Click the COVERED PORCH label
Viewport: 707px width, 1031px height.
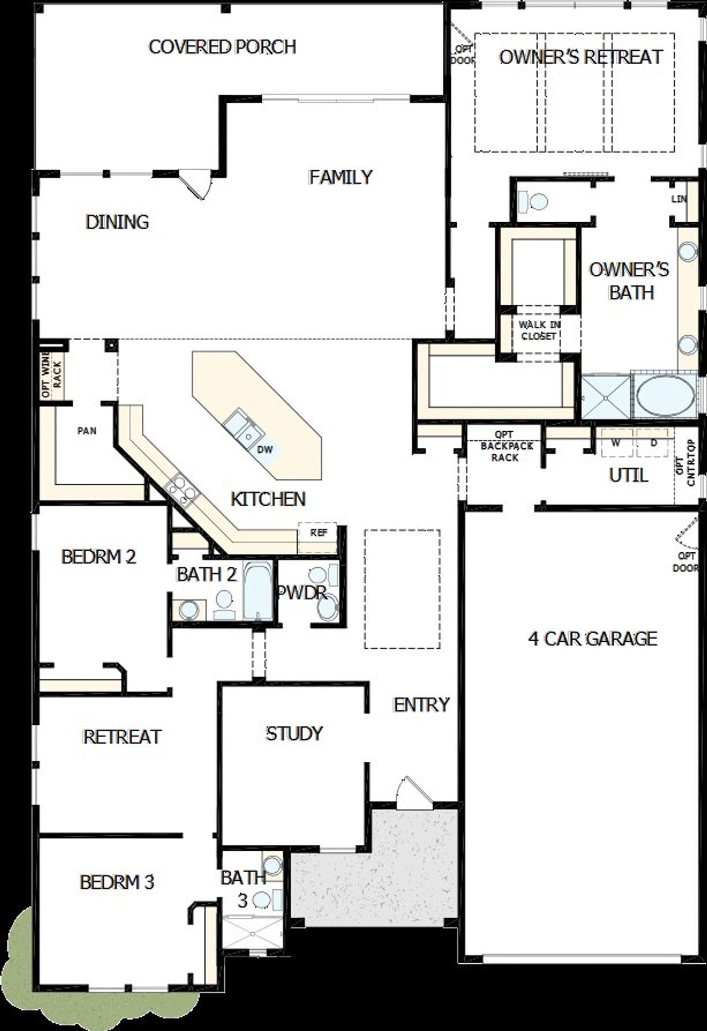click(222, 47)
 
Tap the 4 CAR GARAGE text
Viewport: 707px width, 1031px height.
click(593, 639)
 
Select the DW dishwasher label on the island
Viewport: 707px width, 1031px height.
click(265, 449)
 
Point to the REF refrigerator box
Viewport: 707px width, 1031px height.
click(318, 533)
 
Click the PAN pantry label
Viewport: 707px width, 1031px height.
click(87, 431)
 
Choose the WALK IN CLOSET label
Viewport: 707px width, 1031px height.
click(539, 330)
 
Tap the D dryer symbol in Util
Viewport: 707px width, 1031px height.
click(653, 442)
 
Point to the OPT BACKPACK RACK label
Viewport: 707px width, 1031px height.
click(505, 446)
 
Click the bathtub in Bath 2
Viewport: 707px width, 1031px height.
click(257, 592)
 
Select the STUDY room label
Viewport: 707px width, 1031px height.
click(294, 734)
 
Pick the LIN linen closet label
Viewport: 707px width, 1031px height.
click(678, 198)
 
